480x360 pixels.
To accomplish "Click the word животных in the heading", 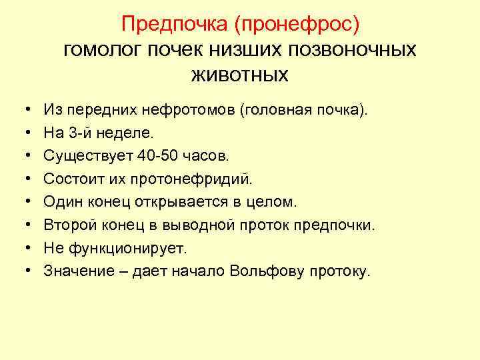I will tap(239, 73).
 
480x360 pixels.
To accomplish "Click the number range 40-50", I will tap(158, 155).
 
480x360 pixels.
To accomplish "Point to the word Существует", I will tap(87, 155).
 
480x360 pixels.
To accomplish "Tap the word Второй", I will tap(65, 225).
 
